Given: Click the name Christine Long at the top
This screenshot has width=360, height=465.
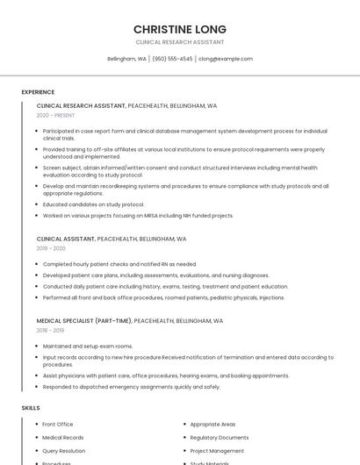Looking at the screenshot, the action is (x=179, y=29).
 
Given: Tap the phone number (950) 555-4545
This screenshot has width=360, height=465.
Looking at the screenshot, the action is (x=172, y=59).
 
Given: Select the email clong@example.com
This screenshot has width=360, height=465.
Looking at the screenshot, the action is (x=225, y=59).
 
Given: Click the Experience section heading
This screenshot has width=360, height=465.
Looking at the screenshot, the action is (x=38, y=92).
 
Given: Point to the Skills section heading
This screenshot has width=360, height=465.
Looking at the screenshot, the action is (x=31, y=408).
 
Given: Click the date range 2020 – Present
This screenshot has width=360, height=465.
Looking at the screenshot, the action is (x=55, y=115).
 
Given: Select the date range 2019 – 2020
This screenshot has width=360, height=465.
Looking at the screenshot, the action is (x=51, y=248).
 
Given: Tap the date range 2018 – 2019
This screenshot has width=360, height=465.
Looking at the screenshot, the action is (x=51, y=331).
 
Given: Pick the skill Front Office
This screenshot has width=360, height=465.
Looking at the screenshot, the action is (x=58, y=425).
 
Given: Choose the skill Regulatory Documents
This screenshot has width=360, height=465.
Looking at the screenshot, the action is (x=219, y=438).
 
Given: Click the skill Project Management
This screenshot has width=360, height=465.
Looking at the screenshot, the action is (x=217, y=451).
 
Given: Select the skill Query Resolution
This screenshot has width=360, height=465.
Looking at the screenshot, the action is (x=63, y=451).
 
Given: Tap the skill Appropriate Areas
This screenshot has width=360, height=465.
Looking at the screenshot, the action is (x=212, y=425).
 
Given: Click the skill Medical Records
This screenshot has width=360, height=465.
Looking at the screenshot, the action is (x=63, y=438).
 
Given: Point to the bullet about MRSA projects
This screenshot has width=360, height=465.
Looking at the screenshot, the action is (x=138, y=215).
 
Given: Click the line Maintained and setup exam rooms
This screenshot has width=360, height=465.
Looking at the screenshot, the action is (x=88, y=347).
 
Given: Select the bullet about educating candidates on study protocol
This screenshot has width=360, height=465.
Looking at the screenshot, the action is (x=93, y=204).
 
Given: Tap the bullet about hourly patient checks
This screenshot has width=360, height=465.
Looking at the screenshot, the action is (x=119, y=264).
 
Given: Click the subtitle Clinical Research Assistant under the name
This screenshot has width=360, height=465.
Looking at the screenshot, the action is (x=179, y=42).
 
